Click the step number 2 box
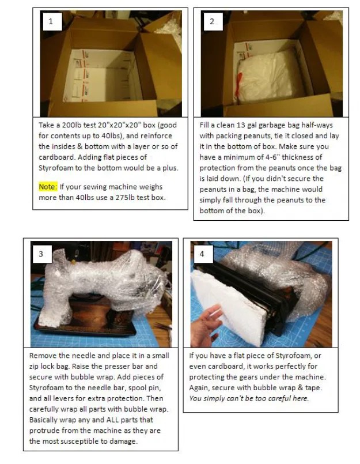[x=212, y=22]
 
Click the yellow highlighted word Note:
[x=47, y=187]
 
